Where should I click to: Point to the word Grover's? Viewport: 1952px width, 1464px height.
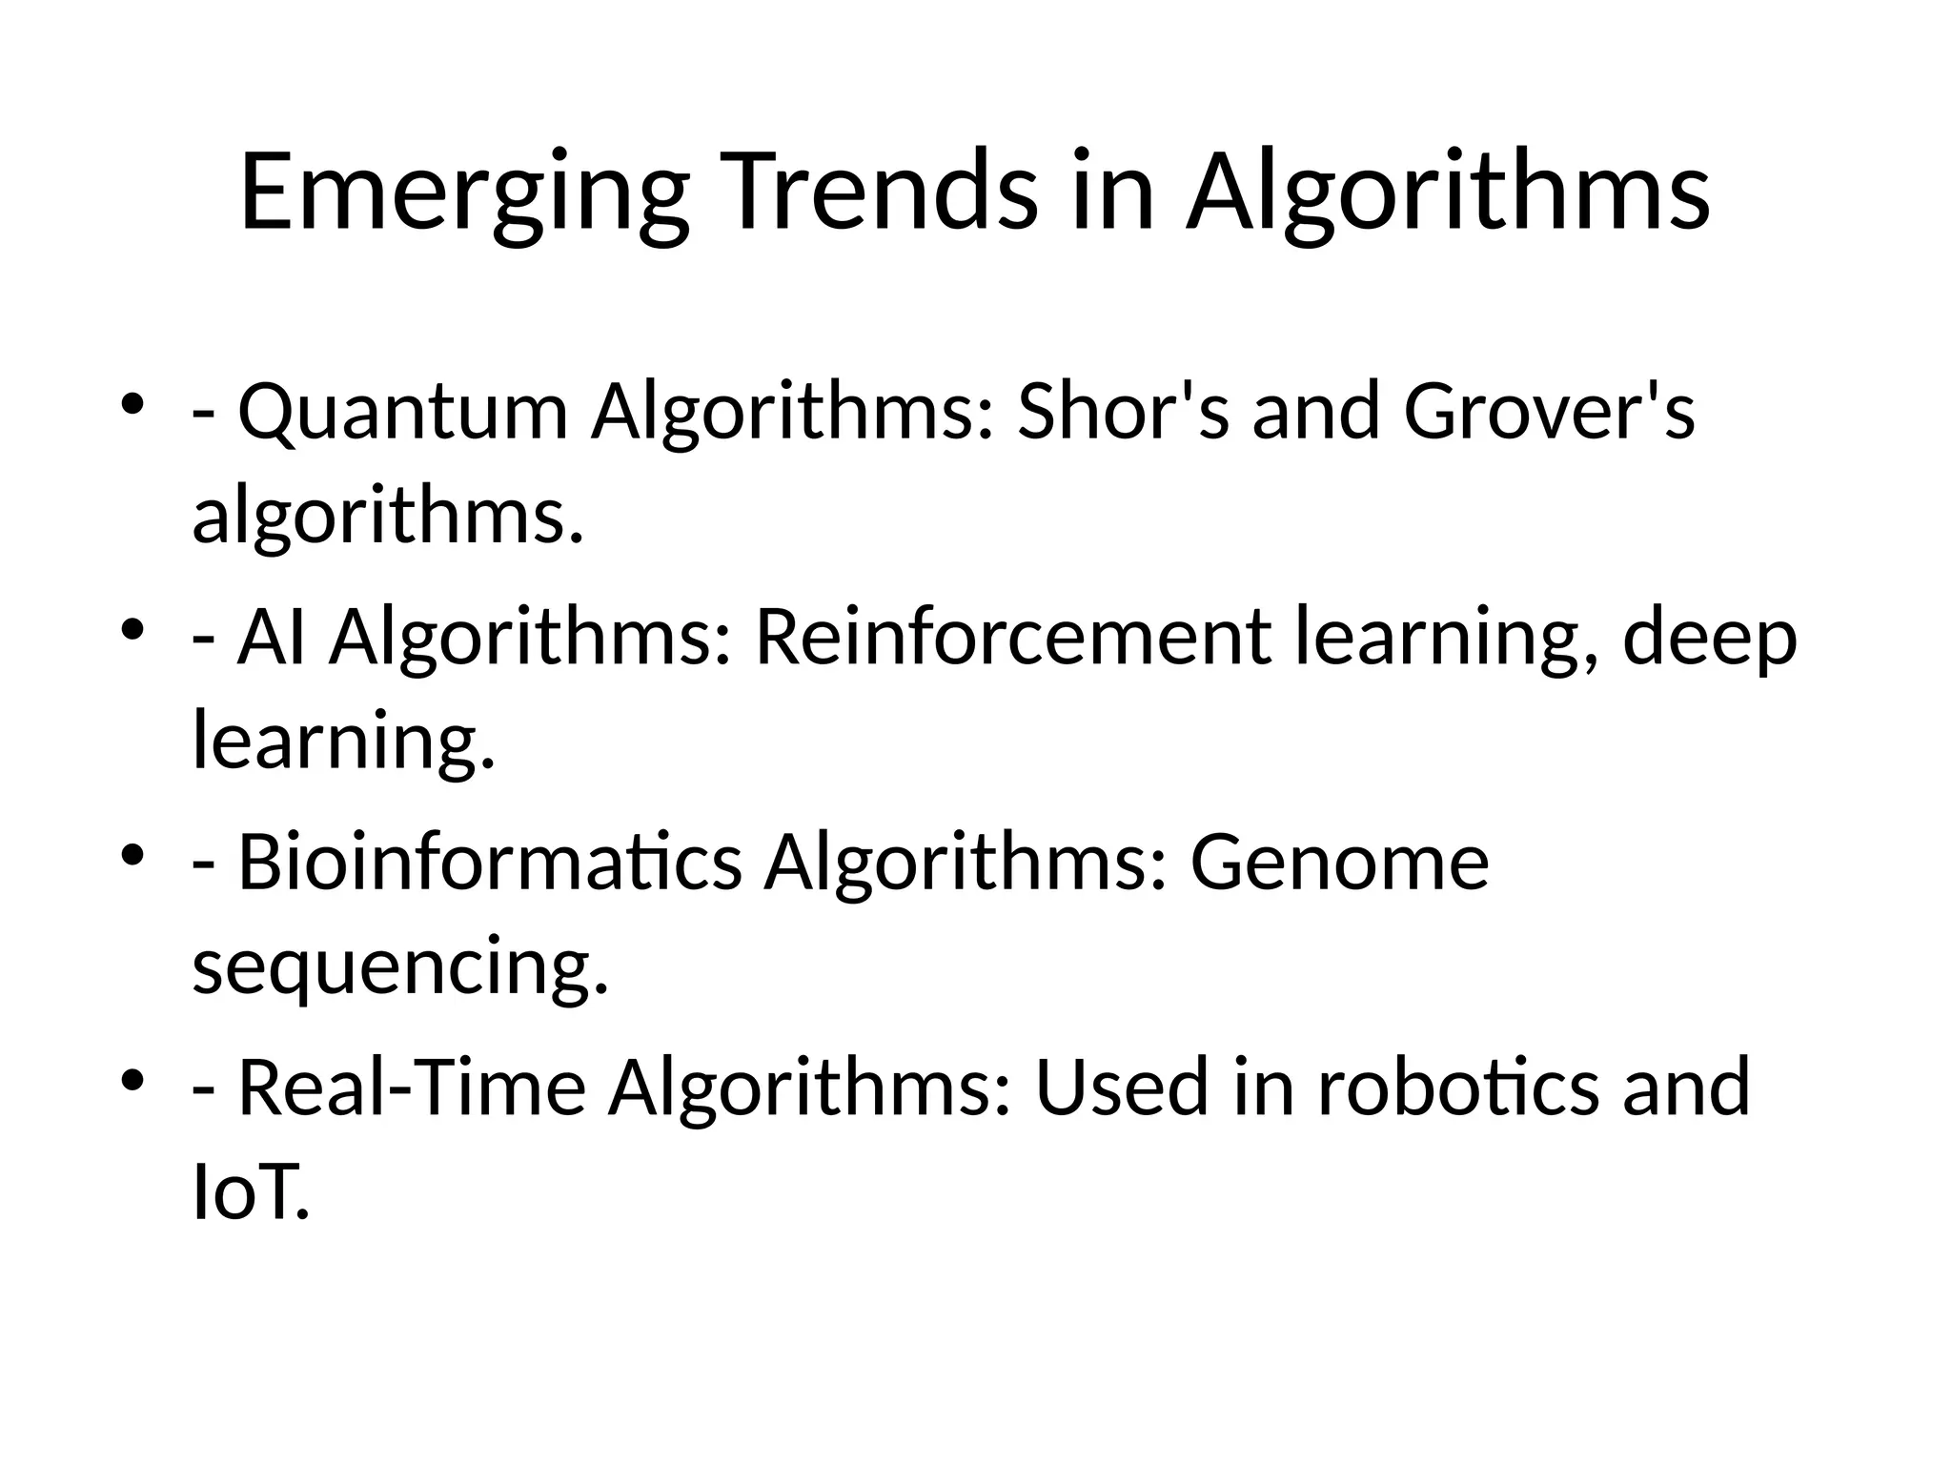[x=1549, y=412]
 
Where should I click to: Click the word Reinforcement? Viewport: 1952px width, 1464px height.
[x=1012, y=637]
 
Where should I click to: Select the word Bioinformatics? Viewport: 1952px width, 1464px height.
[x=489, y=862]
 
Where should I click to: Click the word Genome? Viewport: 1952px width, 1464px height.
[x=1339, y=862]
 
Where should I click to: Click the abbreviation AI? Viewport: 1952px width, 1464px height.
[x=272, y=637]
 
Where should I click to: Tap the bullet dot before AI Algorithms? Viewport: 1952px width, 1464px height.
[x=133, y=628]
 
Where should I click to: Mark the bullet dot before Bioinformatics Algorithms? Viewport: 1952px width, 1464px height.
[x=133, y=853]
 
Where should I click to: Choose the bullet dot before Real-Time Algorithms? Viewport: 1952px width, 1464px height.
[x=133, y=1078]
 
